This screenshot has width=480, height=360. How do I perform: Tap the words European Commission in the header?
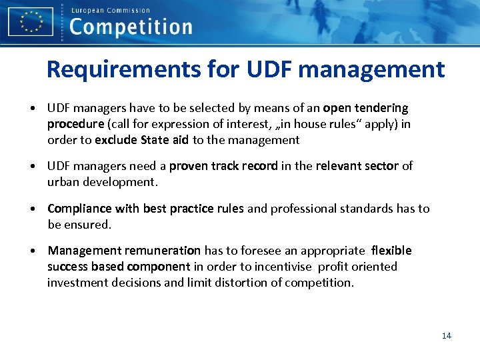110,10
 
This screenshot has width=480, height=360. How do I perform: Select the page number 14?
446,335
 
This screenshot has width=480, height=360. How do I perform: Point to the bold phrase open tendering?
365,108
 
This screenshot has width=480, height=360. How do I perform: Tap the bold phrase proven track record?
223,166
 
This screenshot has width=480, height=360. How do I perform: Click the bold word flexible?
391,251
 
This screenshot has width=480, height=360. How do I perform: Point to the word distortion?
253,283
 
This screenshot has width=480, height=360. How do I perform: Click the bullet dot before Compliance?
33,209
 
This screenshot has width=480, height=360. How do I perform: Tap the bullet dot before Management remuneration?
33,251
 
